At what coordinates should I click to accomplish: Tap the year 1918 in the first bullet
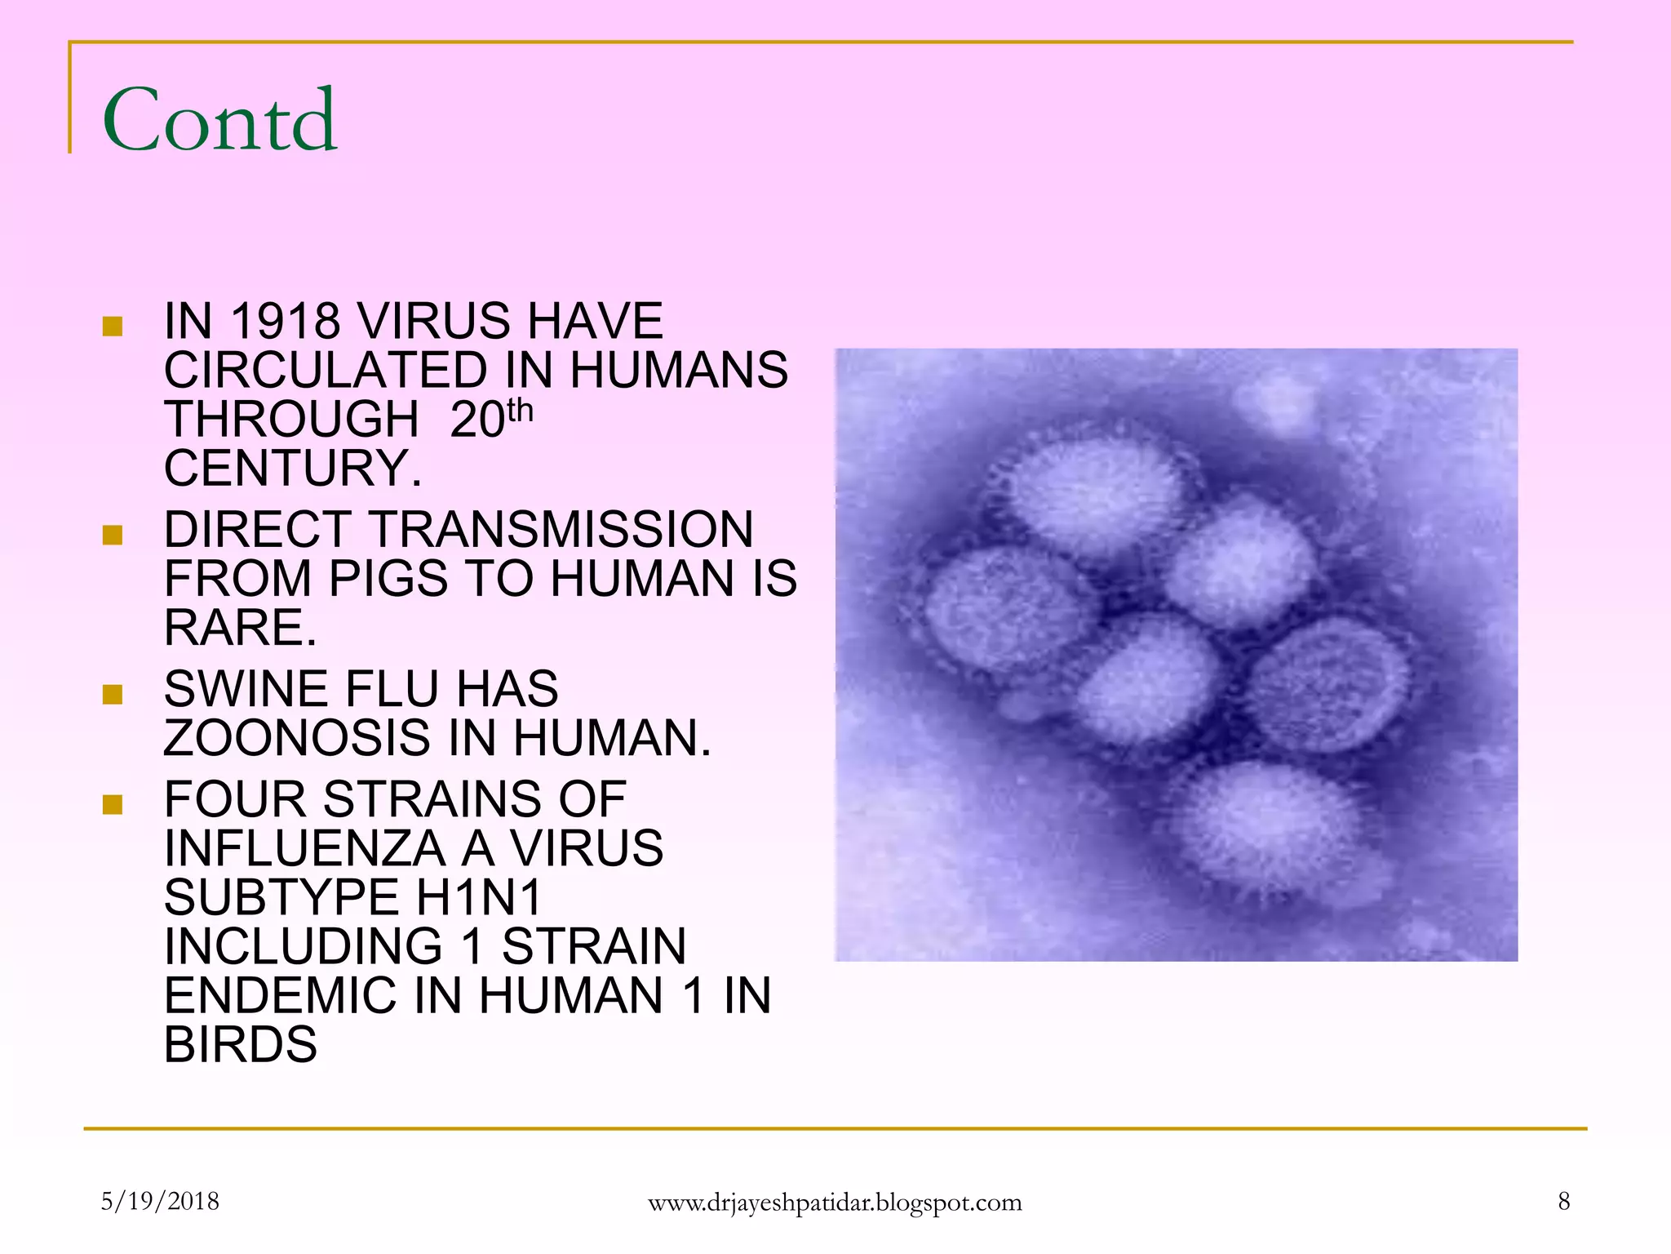pyautogui.click(x=286, y=321)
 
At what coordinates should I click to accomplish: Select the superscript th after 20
pyautogui.click(x=520, y=410)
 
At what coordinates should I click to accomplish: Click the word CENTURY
pyautogui.click(x=292, y=468)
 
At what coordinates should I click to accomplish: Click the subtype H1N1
pyautogui.click(x=479, y=897)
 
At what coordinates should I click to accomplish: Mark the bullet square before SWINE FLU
pyautogui.click(x=113, y=695)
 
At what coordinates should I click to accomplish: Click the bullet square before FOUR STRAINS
pyautogui.click(x=113, y=805)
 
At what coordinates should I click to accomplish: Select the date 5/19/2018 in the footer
pyautogui.click(x=160, y=1201)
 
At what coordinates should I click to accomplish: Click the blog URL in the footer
pyautogui.click(x=835, y=1203)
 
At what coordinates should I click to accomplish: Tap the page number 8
pyautogui.click(x=1563, y=1201)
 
